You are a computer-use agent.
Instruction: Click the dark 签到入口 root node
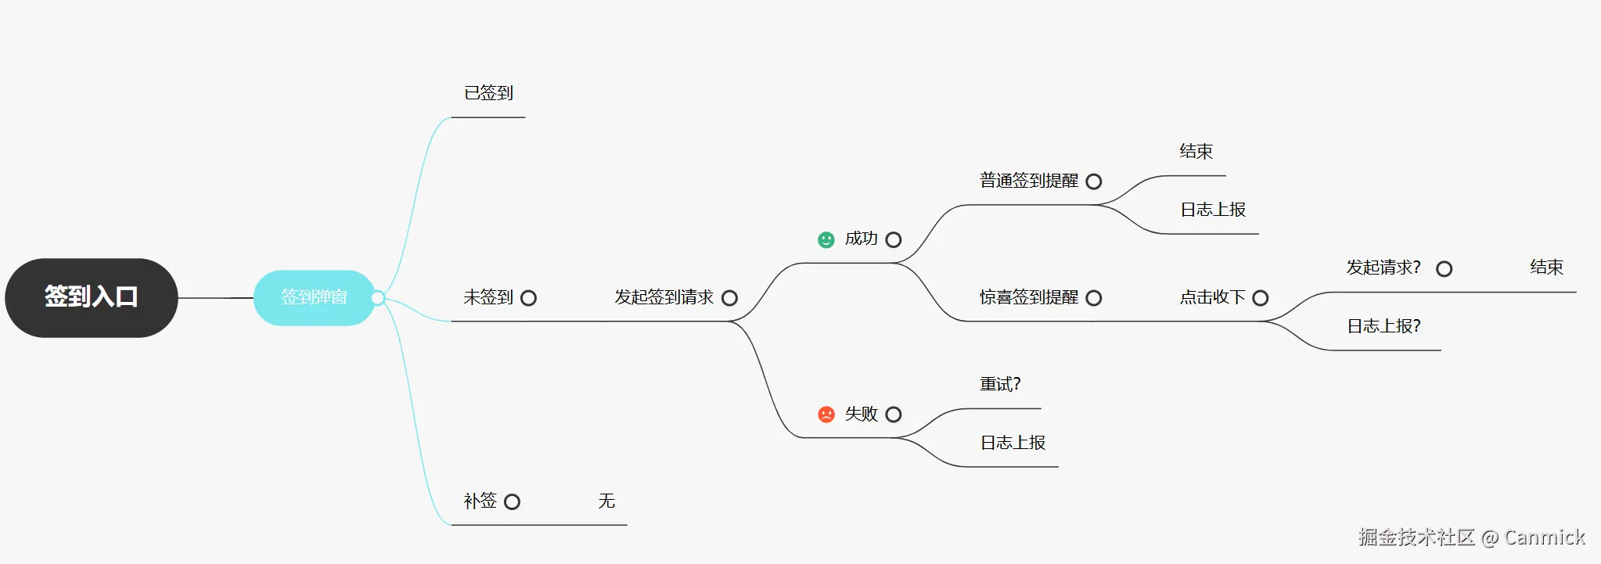tap(92, 297)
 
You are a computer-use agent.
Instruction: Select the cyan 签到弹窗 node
tap(314, 297)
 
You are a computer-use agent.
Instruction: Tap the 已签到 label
tap(488, 93)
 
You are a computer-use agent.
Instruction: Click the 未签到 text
tap(488, 297)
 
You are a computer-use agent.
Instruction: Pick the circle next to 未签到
tap(529, 298)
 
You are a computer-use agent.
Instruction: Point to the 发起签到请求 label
tap(664, 297)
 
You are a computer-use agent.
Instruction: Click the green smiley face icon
tap(826, 239)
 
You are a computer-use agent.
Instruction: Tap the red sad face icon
tap(826, 414)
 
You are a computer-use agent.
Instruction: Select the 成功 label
tap(861, 239)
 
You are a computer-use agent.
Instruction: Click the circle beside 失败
tap(894, 415)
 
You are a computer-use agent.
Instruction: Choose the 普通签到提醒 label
tap(1029, 181)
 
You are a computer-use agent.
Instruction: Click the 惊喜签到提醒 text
tap(1029, 297)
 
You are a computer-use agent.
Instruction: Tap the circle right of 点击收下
tap(1261, 298)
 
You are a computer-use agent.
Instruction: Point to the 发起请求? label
tap(1383, 268)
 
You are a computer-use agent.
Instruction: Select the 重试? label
tap(1000, 384)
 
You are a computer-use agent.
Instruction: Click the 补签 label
tap(480, 501)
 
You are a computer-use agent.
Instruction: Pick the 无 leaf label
tap(606, 501)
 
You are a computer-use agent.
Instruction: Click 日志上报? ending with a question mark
tap(1383, 326)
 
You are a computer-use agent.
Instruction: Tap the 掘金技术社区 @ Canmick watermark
tap(1471, 537)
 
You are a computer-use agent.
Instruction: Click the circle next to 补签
tap(513, 501)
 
